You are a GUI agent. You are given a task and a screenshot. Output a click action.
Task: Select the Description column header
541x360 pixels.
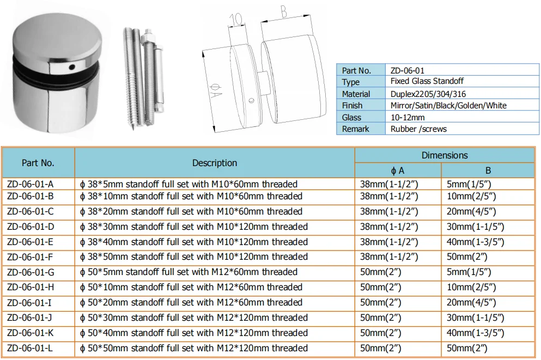point(214,163)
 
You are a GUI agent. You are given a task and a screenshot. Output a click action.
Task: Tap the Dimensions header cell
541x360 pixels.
point(444,155)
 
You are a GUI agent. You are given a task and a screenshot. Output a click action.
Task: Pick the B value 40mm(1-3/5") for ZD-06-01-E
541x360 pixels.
point(475,242)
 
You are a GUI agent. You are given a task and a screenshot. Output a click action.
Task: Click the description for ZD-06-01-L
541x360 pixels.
point(193,348)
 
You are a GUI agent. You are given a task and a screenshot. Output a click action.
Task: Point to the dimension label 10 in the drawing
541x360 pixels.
point(235,20)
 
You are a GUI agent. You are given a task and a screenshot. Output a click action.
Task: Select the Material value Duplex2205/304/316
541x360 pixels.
point(428,94)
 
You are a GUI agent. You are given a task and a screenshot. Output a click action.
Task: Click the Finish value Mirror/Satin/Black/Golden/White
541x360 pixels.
point(448,106)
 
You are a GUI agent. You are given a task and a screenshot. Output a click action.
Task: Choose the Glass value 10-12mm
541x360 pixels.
point(408,117)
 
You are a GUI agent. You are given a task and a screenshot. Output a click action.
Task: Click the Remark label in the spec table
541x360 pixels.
point(355,129)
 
